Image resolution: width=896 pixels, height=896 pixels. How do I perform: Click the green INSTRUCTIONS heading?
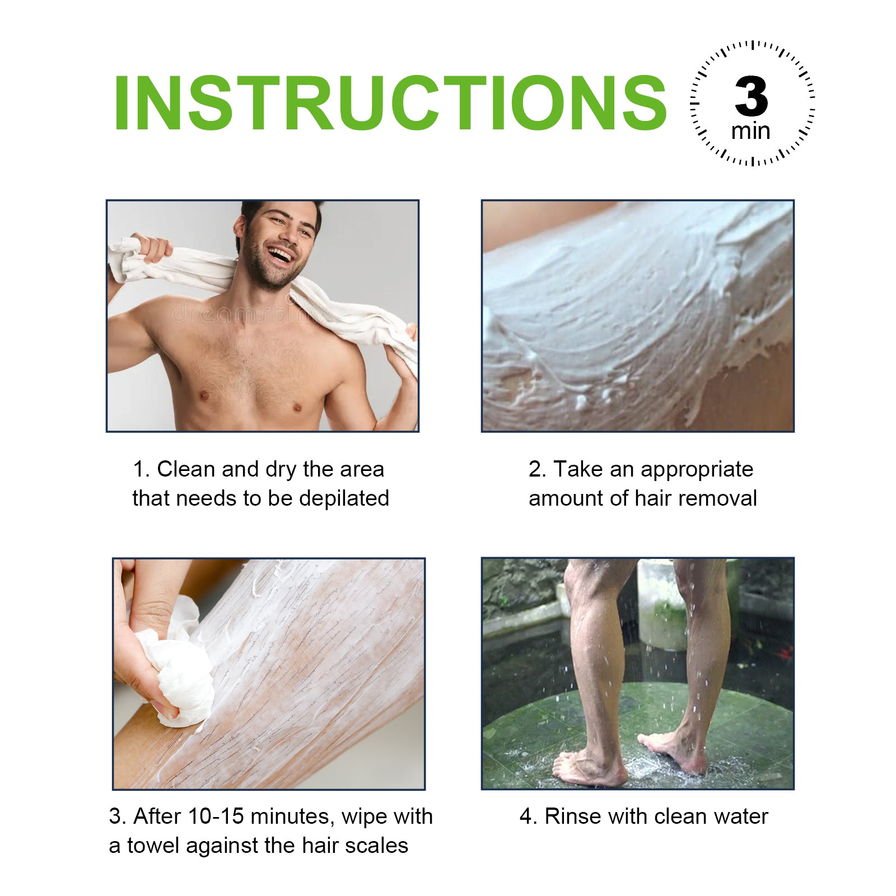tap(389, 103)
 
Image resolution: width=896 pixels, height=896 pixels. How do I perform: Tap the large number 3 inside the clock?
tap(751, 96)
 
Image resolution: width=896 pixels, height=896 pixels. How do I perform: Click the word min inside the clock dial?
tap(750, 131)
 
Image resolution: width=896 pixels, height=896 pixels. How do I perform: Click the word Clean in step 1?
tap(186, 469)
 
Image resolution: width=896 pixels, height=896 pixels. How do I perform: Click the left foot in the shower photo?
tap(588, 770)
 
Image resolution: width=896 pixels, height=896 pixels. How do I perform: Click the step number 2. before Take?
tap(536, 469)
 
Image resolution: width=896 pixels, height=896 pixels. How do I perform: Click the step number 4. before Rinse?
tap(528, 816)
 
